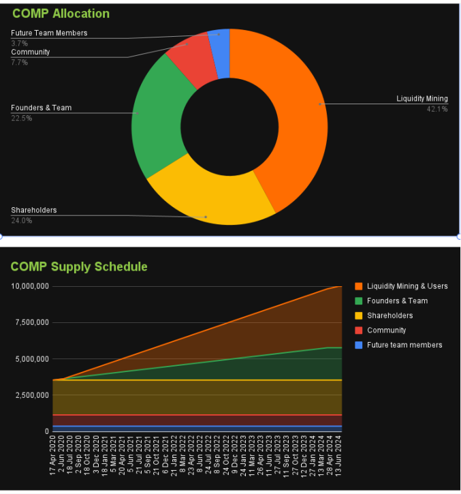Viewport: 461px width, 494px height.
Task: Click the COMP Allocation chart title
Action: click(x=61, y=14)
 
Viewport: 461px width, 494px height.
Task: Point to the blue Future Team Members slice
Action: click(x=219, y=42)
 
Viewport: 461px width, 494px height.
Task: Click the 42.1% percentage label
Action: click(x=437, y=109)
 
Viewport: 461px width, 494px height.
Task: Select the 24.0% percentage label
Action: click(x=21, y=220)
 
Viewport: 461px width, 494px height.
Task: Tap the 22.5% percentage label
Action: click(x=21, y=118)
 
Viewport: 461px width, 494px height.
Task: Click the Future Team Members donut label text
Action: click(x=49, y=33)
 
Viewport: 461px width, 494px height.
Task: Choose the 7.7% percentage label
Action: click(x=19, y=62)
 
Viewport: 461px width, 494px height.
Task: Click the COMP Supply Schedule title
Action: click(x=79, y=266)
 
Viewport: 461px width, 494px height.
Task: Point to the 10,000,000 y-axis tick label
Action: click(x=29, y=286)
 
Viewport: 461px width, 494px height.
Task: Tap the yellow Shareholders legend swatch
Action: click(x=358, y=315)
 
